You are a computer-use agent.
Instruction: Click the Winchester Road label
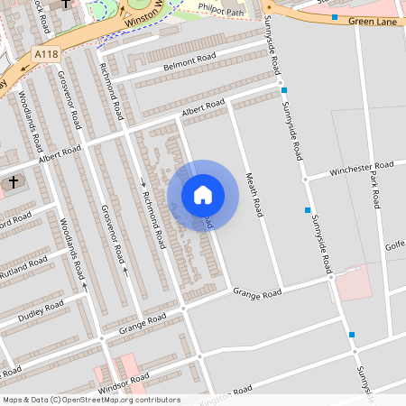[x=362, y=169]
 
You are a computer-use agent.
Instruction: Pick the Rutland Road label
[x=24, y=266]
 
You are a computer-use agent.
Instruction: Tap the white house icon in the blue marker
[x=203, y=195]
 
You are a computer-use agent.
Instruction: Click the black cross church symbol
[x=13, y=182]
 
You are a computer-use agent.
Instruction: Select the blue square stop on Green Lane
[x=335, y=17]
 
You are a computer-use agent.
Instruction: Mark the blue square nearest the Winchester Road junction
[x=308, y=209]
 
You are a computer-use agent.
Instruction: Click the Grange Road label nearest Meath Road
[x=258, y=291]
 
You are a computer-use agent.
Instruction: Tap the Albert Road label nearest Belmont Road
[x=203, y=108]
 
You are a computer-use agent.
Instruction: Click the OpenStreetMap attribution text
[x=91, y=400]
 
